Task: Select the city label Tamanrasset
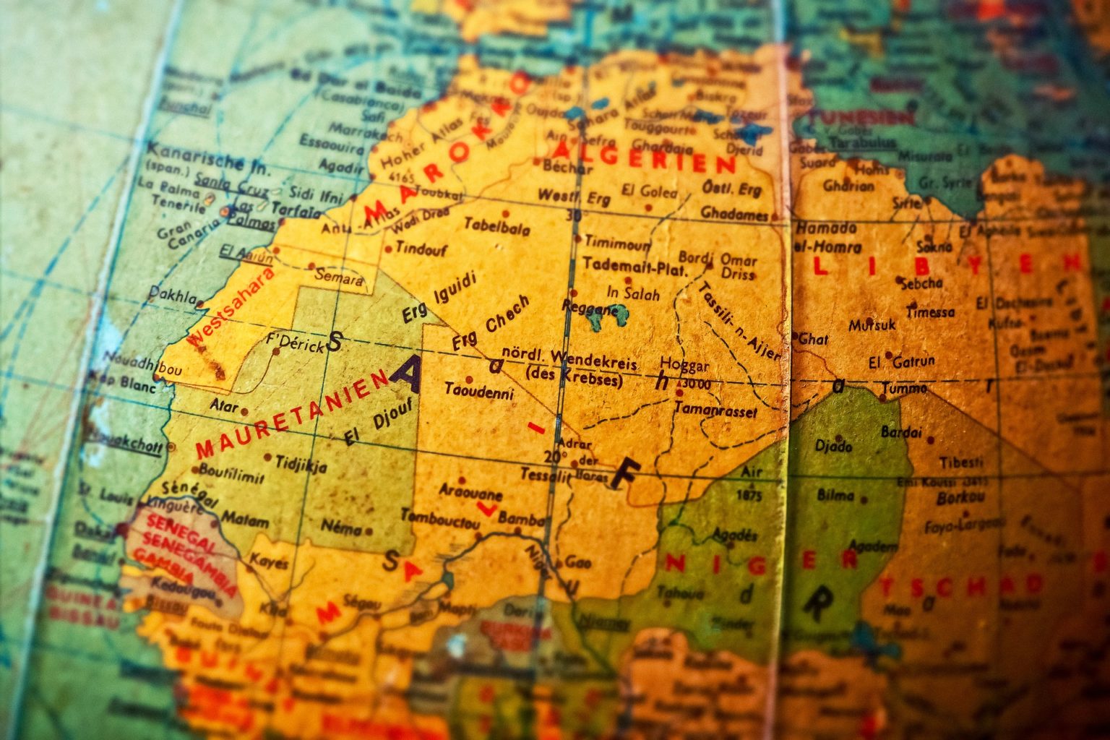(x=715, y=410)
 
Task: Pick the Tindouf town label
(x=421, y=249)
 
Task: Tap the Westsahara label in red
(x=230, y=308)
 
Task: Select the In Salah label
(x=632, y=293)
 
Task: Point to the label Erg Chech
(x=491, y=322)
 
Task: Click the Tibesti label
(x=960, y=462)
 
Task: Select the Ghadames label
(x=734, y=215)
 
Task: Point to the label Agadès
(x=736, y=535)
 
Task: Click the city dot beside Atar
(x=245, y=411)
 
